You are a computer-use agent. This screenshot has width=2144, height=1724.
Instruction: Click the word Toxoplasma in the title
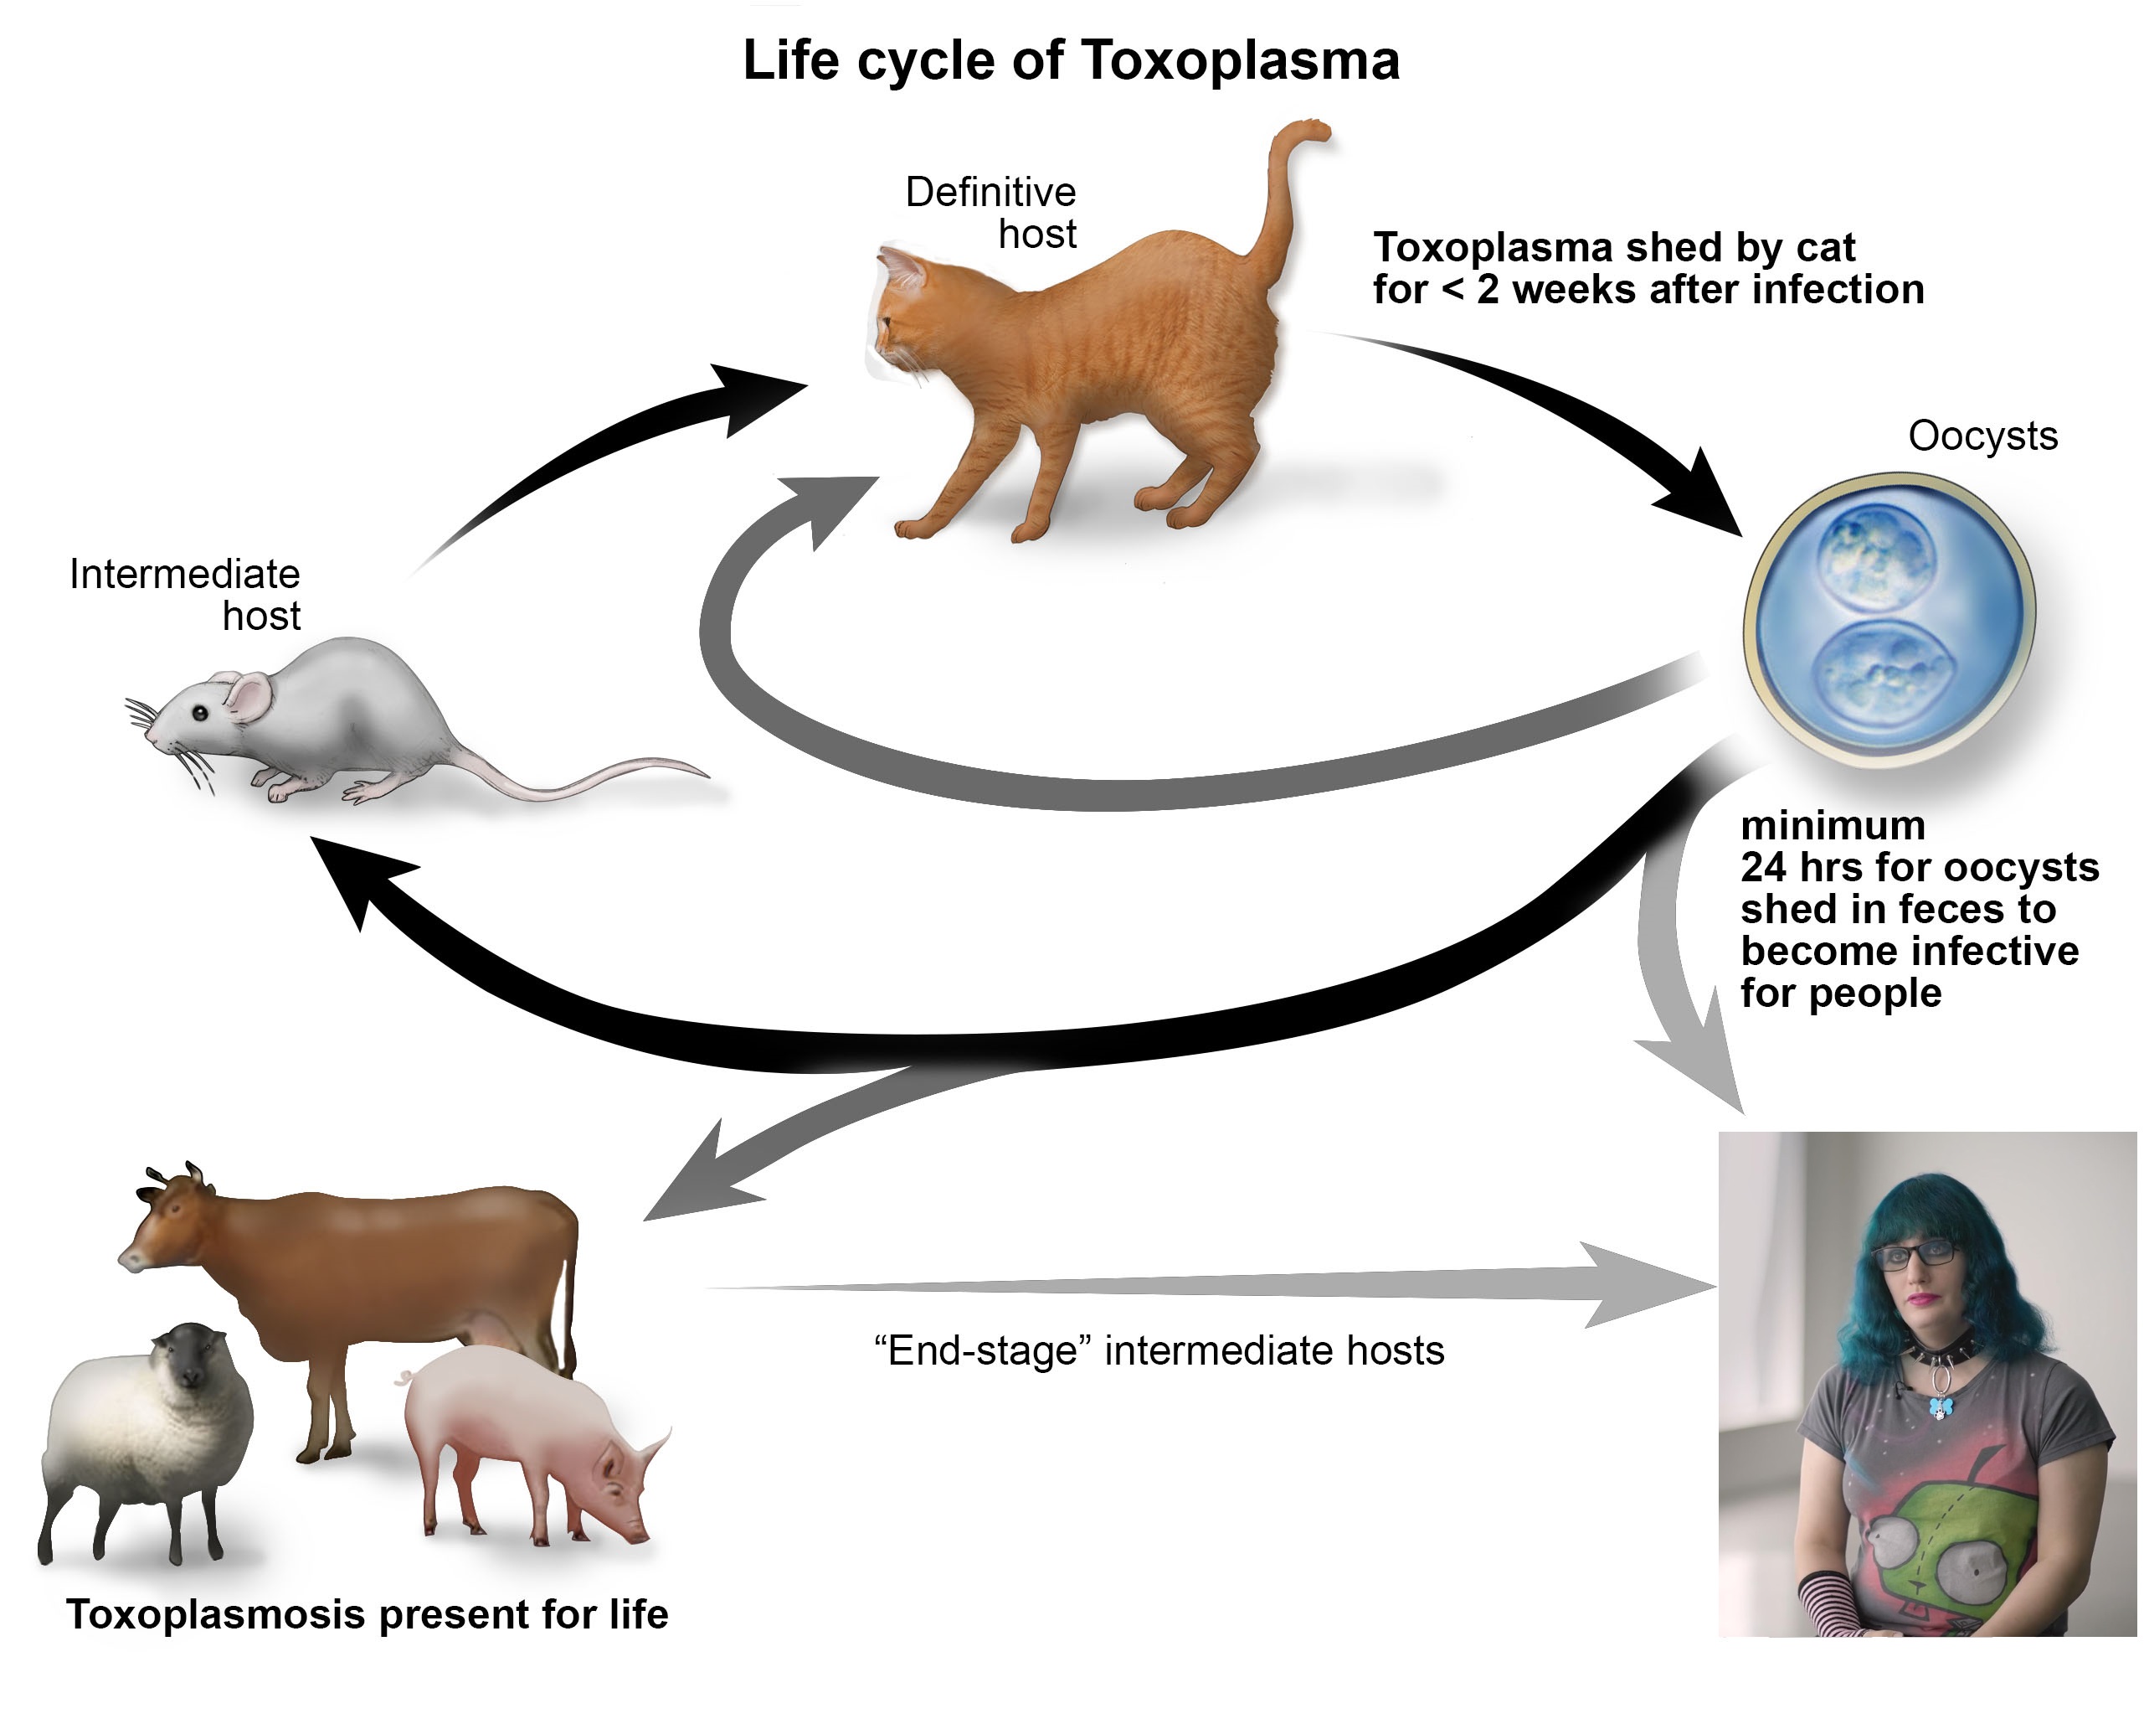(x=1240, y=59)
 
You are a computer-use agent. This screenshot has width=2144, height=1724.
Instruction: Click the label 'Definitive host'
(x=990, y=213)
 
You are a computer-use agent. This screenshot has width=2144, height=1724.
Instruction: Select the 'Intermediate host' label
(x=185, y=594)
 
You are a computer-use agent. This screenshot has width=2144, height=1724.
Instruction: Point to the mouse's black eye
(x=201, y=713)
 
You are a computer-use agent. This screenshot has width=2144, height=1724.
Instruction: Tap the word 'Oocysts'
(x=1982, y=436)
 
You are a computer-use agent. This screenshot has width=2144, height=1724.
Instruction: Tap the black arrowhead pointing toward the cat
(x=762, y=398)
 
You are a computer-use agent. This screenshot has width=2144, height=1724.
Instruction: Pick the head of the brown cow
(x=164, y=1220)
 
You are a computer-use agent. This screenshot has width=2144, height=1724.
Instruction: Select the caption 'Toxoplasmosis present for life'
(x=367, y=1613)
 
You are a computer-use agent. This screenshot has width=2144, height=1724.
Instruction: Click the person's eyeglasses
(x=1915, y=1253)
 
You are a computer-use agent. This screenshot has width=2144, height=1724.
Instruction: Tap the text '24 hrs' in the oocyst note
(x=1801, y=868)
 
